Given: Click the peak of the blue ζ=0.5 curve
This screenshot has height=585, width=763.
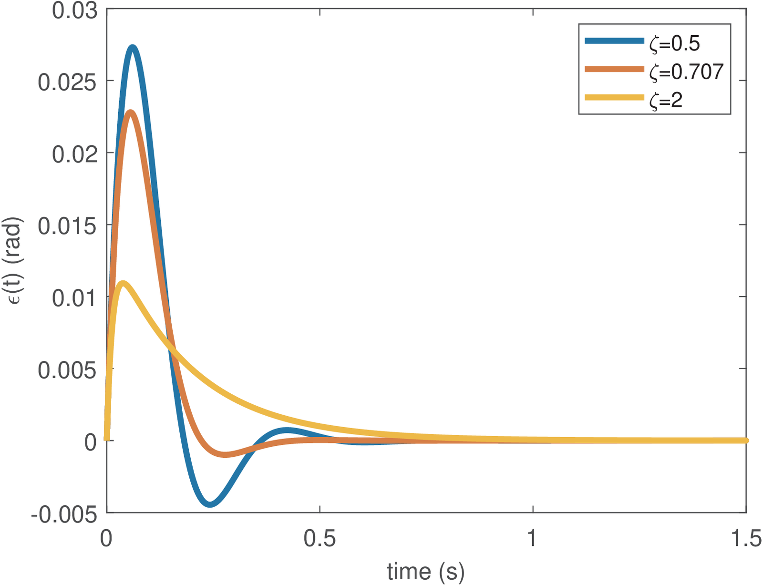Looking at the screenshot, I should coord(133,48).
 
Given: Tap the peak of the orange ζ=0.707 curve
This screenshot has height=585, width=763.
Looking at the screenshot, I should coord(130,113).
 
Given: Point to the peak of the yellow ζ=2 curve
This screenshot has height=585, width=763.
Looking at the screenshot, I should coord(123,284).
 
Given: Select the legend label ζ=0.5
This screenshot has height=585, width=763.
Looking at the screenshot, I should coord(674,43).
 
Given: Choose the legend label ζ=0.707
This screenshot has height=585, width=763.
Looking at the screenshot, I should coord(686,72).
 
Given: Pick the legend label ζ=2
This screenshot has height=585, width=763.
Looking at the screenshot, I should coord(666,100).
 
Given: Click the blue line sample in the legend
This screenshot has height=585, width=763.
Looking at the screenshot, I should coord(614,41).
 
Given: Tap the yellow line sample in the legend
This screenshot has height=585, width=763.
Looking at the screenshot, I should coord(614,98).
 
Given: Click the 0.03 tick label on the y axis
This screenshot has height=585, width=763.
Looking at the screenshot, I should coord(75,10).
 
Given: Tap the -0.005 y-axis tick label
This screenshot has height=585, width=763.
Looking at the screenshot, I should coord(64,515).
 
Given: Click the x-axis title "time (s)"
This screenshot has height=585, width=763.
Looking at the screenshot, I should coord(425,571).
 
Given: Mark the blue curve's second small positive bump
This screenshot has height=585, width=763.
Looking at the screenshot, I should coord(286,431).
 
